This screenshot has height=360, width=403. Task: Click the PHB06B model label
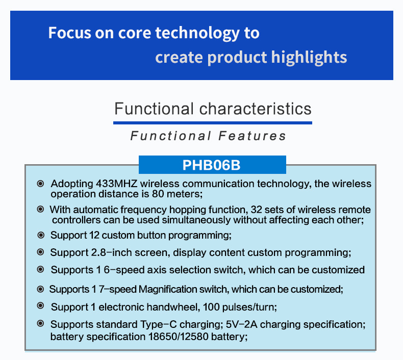pos(211,165)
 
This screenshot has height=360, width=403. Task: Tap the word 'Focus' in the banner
pos(70,33)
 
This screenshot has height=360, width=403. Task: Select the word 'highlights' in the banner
pos(309,57)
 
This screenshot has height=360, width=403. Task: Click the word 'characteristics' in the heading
pos(255,109)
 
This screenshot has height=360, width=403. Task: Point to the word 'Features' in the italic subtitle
pos(252,136)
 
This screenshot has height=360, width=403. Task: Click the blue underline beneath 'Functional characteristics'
pos(213,123)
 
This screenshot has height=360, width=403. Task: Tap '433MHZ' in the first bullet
pos(116,184)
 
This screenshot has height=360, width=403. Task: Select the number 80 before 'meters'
pos(158,194)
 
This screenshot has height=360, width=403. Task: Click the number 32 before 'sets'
pos(256,210)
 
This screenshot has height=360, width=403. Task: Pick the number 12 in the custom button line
pos(94,235)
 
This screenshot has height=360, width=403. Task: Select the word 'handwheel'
pos(173,307)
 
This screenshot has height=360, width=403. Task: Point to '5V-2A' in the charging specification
pos(242,324)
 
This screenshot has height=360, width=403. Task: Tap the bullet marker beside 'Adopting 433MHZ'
pos(40,184)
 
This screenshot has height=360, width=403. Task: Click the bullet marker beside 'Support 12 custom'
pos(41,235)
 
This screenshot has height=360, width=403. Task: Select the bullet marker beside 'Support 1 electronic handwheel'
pos(40,305)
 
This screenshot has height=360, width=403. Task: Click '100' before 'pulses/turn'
pos(211,307)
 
